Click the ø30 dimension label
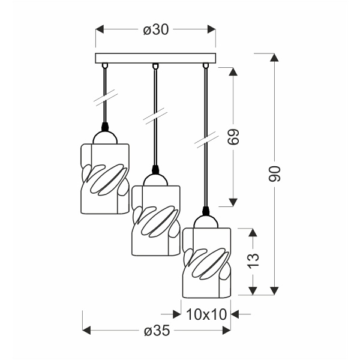click(x=156, y=30)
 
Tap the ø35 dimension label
click(x=157, y=331)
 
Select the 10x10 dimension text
click(x=206, y=314)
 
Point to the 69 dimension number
click(x=233, y=137)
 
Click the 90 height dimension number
click(x=275, y=174)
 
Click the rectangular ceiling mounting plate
click(x=155, y=58)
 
